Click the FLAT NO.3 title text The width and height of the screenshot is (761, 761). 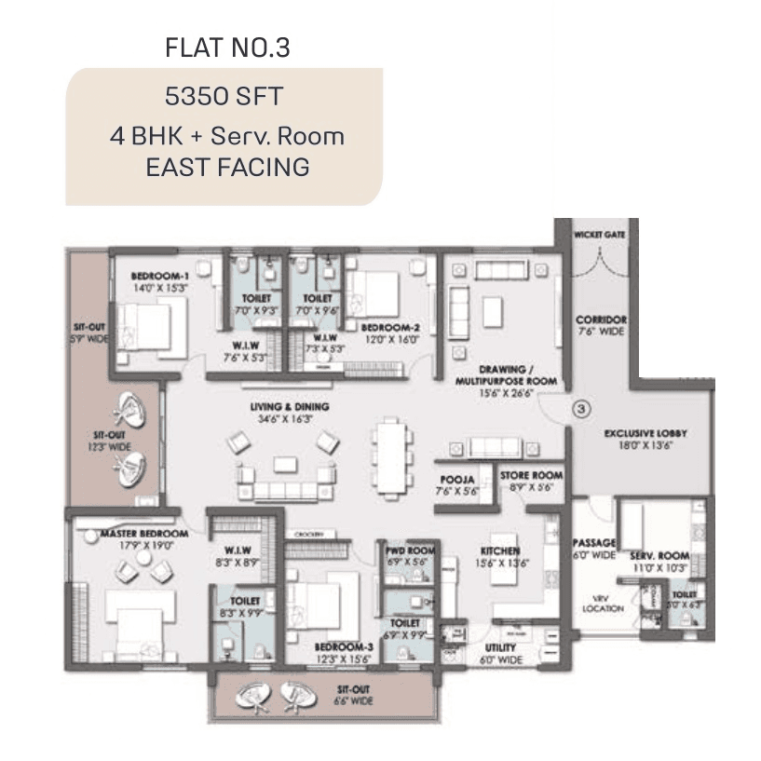click(227, 48)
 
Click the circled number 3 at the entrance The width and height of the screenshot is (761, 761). click(580, 407)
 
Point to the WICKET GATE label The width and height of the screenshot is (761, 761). click(600, 235)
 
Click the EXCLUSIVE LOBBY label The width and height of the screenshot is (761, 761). click(638, 434)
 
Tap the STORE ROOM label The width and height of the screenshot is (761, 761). click(532, 475)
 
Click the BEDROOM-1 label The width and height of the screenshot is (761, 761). click(160, 277)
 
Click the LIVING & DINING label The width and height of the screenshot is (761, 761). click(289, 407)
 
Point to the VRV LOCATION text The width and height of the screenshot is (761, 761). click(593, 605)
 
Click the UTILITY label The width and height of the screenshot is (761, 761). click(500, 647)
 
